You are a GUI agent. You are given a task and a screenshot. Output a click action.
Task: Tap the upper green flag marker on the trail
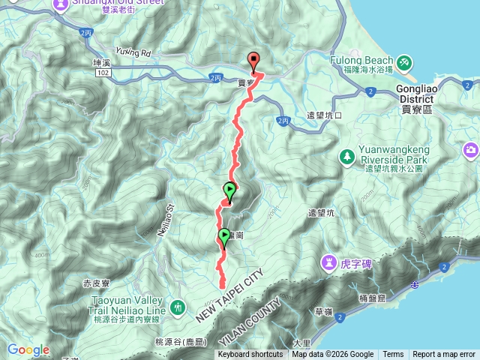click(229, 191)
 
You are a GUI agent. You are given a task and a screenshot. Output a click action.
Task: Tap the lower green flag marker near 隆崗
click(223, 237)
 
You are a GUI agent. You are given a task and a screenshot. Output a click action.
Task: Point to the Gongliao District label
click(415, 91)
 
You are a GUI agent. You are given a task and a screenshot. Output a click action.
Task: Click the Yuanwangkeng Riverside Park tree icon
click(347, 157)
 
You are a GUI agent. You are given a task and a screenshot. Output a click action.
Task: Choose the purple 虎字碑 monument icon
click(330, 262)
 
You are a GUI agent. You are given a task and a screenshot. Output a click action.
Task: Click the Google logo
click(28, 349)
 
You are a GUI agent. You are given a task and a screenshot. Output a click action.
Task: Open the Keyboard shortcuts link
click(251, 355)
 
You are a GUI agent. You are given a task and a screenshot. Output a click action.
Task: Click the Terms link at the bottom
click(392, 355)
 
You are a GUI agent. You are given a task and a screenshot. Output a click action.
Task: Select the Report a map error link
click(445, 355)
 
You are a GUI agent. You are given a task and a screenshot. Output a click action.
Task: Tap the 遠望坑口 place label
click(325, 115)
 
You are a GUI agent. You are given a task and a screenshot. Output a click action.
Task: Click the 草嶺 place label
click(323, 310)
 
